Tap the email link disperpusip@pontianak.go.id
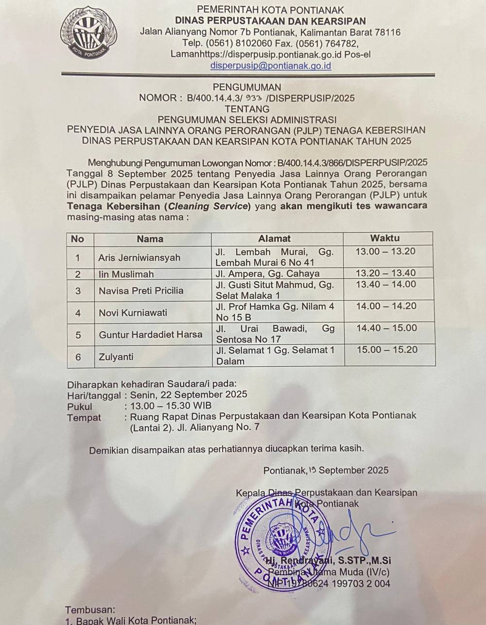pos(271,65)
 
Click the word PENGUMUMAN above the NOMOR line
pos(247,87)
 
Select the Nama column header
pos(150,238)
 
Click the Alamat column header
pos(274,238)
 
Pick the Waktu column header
pos(385,238)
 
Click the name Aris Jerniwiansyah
pos(139,257)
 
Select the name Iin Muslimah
pos(126,274)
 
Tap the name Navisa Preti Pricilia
pos(141,290)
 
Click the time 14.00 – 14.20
pos(386,306)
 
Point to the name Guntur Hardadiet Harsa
pos(150,335)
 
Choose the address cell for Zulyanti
pos(275,355)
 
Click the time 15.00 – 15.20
pos(386,350)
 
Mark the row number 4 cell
pos(78,313)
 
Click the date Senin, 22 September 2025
pos(189,394)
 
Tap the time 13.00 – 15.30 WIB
pos(171,406)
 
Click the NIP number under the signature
pos(329,583)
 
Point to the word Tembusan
pos(90,609)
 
